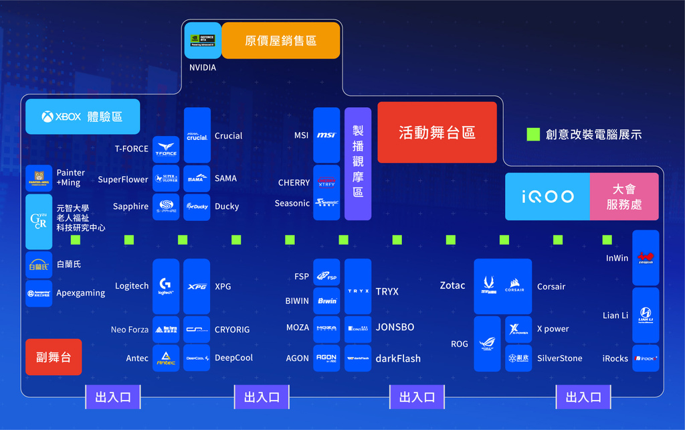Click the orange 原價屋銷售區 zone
coord(281,40)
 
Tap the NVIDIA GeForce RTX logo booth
coord(203,40)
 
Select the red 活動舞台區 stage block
coord(437,132)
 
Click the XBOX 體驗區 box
coord(83,117)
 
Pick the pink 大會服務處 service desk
coord(623,196)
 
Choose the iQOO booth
coord(547,196)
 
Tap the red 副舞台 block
coord(54,357)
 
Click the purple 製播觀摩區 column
coord(358,163)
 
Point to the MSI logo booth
coord(326,135)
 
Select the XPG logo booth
coord(197,287)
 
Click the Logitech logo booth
coord(166,287)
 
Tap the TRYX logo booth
coord(358,291)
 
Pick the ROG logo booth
coord(487,344)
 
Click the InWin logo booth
coord(646,257)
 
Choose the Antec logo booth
coord(166,358)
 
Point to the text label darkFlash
coord(398,358)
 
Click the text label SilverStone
coord(560,358)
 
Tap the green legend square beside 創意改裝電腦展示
coord(533,134)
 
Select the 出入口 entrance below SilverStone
coord(583,397)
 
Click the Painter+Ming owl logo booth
coord(39,178)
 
